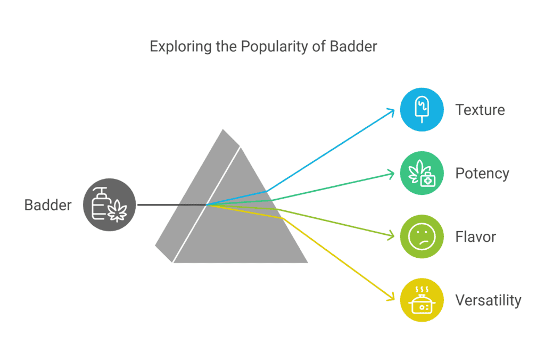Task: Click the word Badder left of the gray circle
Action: point(48,205)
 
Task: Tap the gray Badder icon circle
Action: point(109,205)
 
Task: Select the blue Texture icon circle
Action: point(422,110)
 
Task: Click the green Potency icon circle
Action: point(422,173)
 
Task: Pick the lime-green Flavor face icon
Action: point(422,236)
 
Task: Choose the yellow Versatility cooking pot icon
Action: point(422,300)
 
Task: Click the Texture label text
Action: point(480,110)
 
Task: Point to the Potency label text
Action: point(482,174)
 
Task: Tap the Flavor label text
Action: point(475,237)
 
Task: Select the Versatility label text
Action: point(489,300)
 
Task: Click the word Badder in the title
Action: point(353,46)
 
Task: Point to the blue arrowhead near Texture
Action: point(391,112)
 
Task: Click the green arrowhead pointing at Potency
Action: point(391,174)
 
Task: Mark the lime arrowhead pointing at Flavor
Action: point(391,235)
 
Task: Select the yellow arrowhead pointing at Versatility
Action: point(391,297)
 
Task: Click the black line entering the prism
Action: point(172,205)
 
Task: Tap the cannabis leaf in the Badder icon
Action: point(118,211)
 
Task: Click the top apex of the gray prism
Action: point(223,130)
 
